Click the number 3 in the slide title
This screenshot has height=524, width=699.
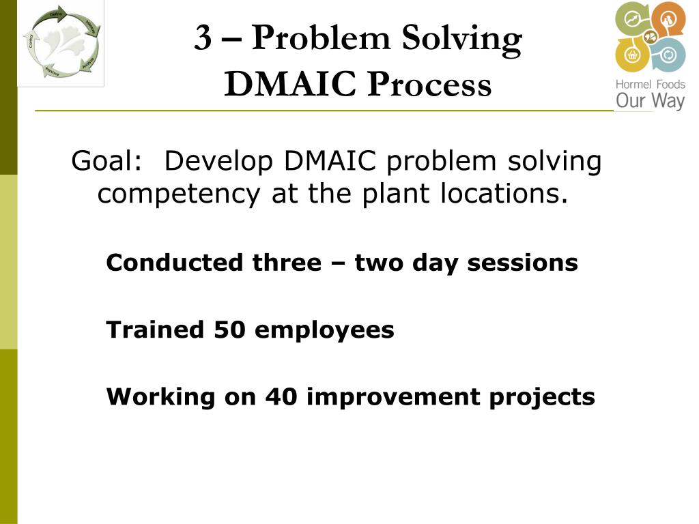[x=203, y=38]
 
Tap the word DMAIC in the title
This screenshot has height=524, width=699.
[x=291, y=85]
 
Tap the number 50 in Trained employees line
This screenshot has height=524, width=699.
[x=230, y=330]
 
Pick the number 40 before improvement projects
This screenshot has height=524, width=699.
[x=281, y=396]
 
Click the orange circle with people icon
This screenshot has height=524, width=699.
[x=668, y=18]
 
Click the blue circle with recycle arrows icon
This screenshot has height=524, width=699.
[x=668, y=56]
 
